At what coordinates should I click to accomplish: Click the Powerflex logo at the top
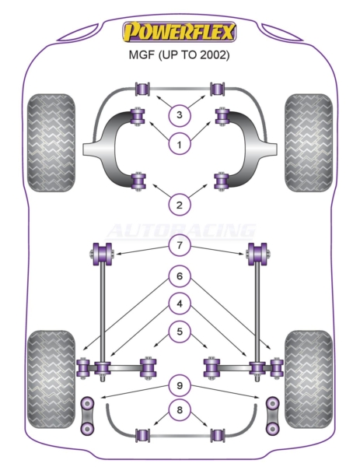tap(180, 32)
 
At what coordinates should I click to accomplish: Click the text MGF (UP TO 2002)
tap(179, 55)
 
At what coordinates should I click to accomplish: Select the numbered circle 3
tap(180, 114)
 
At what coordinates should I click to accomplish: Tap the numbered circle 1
tap(180, 145)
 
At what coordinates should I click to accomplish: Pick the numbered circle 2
tap(180, 205)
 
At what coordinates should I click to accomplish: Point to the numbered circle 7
tap(180, 245)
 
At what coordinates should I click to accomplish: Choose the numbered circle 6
tap(180, 276)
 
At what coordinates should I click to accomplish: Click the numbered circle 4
tap(180, 304)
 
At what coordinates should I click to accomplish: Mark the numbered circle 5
tap(180, 332)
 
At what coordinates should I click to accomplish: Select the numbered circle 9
tap(180, 386)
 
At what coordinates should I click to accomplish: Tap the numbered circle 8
tap(180, 410)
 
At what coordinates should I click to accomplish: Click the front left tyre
tap(51, 142)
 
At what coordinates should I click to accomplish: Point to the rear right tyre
tap(309, 380)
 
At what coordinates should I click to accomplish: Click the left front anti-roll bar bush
tap(142, 89)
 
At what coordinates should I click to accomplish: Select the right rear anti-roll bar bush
tap(218, 435)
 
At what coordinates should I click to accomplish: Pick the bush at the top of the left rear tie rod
tap(102, 254)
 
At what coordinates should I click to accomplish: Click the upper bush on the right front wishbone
tap(222, 117)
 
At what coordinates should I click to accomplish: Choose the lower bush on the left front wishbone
tap(138, 181)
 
